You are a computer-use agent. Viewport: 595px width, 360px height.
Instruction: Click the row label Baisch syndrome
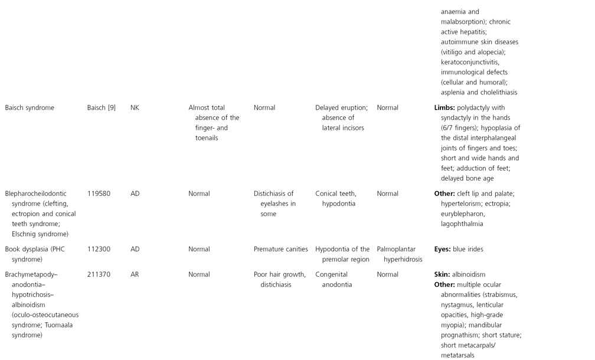point(30,108)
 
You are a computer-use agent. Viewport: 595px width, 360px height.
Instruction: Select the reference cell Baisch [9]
point(101,108)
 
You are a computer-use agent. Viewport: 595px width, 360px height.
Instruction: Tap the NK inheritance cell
point(135,108)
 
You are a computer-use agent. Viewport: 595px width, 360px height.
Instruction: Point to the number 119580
point(99,194)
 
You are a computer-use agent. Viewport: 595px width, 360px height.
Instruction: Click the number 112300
point(99,249)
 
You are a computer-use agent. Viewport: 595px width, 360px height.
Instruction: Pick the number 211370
point(99,274)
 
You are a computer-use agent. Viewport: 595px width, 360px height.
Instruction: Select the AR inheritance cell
point(135,274)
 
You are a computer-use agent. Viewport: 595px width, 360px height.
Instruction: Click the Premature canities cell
point(280,249)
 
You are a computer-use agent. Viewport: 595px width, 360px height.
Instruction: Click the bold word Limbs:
point(444,108)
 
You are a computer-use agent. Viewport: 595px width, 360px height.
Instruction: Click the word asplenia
point(454,92)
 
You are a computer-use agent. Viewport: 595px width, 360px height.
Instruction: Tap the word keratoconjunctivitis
point(470,62)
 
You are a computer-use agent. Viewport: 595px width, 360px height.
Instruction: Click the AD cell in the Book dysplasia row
point(135,249)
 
